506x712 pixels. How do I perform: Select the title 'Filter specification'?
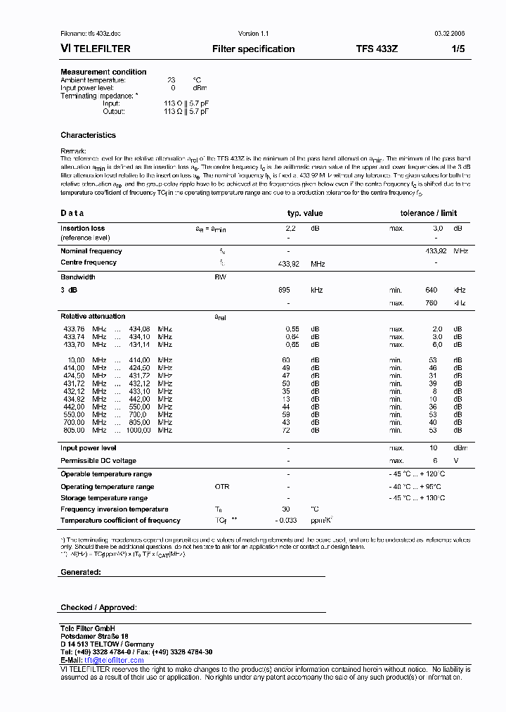[x=253, y=49]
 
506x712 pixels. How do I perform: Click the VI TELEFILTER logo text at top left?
[x=93, y=49]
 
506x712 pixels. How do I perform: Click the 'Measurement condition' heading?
[x=103, y=72]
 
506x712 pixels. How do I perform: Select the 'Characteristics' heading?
[x=88, y=135]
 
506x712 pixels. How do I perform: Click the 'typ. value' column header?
[x=305, y=213]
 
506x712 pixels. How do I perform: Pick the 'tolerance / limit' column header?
[x=428, y=213]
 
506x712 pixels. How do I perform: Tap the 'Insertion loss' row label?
[x=82, y=229]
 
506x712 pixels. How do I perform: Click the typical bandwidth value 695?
[x=284, y=290]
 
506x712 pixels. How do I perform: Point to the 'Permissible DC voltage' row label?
[x=98, y=461]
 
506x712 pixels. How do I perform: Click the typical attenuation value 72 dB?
[x=286, y=430]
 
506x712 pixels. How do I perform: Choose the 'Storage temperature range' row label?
[x=103, y=498]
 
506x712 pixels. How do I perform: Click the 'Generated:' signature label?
[x=80, y=572]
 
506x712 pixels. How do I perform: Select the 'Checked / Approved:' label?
[x=98, y=607]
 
